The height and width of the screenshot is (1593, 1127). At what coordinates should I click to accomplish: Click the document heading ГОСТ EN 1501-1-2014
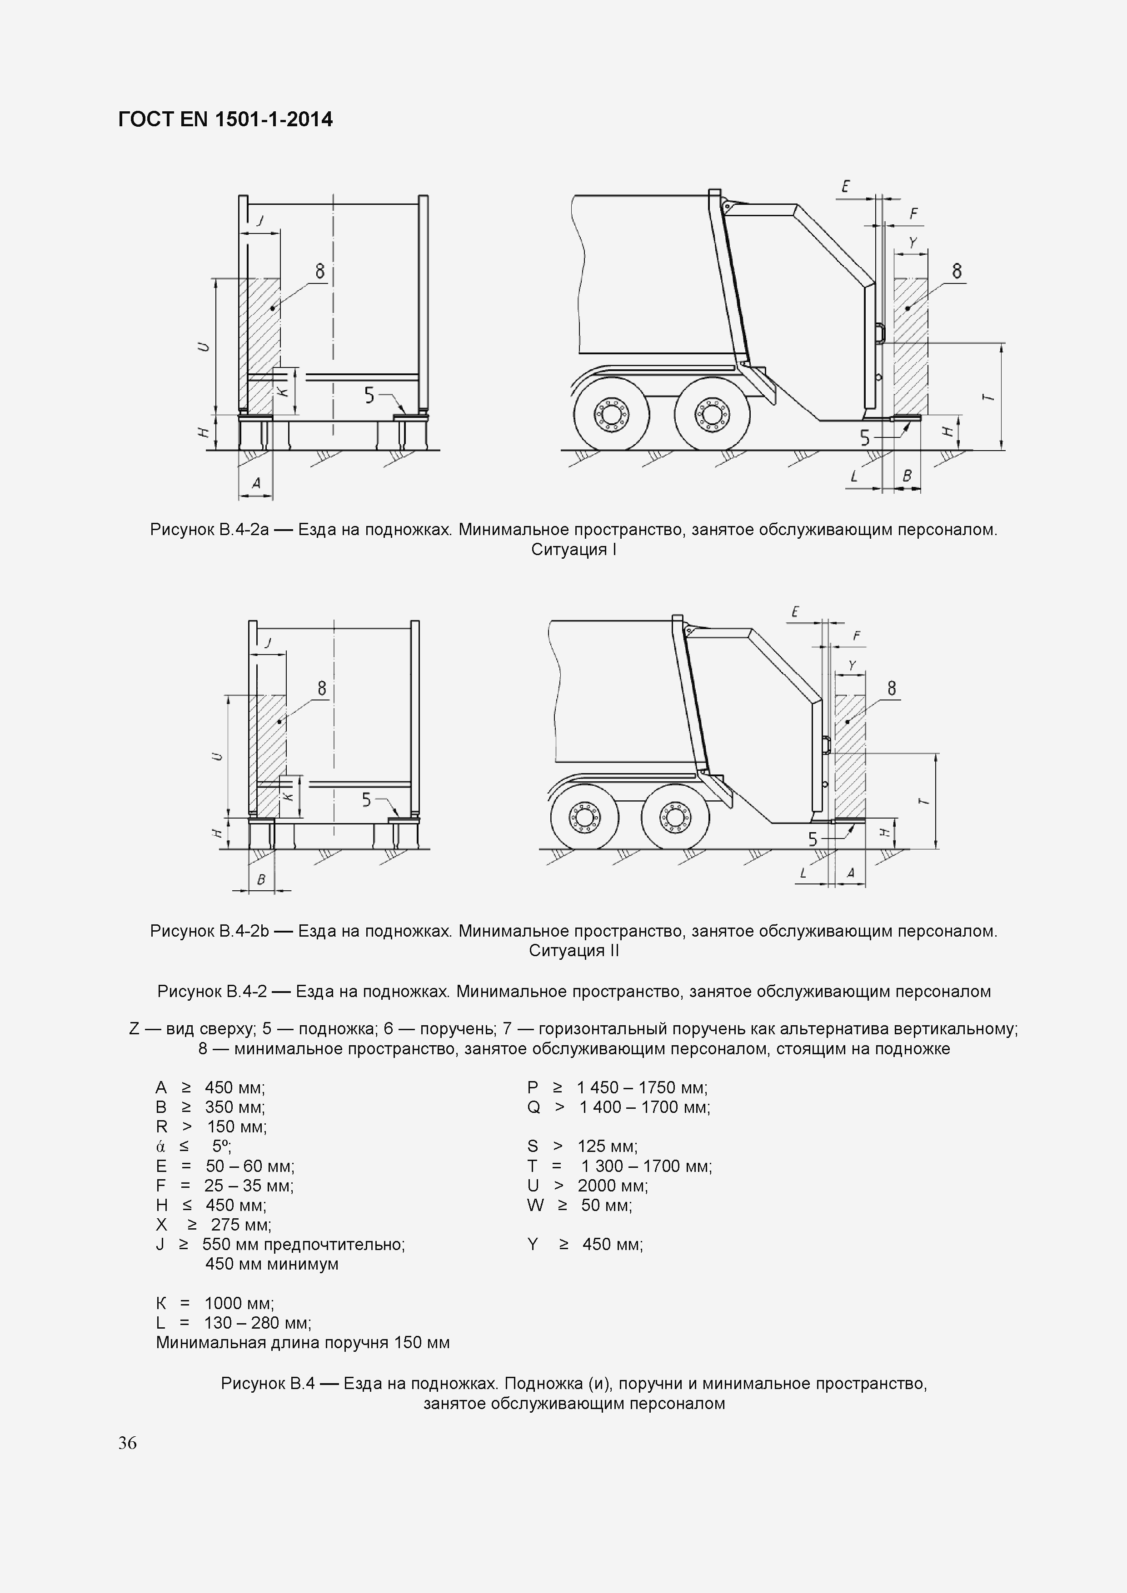click(225, 120)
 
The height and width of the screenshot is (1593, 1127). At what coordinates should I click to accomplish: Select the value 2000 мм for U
click(612, 1185)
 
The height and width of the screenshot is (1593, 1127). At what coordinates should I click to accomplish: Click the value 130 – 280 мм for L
click(257, 1322)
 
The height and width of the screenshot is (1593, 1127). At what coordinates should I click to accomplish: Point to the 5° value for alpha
click(221, 1146)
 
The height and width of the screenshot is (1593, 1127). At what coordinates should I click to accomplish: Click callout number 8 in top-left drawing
click(320, 271)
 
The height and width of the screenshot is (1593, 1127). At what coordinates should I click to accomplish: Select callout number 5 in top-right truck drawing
click(865, 438)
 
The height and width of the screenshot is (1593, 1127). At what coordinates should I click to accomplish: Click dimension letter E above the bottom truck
click(795, 611)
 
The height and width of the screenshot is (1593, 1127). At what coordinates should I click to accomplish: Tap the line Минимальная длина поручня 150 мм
click(303, 1342)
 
